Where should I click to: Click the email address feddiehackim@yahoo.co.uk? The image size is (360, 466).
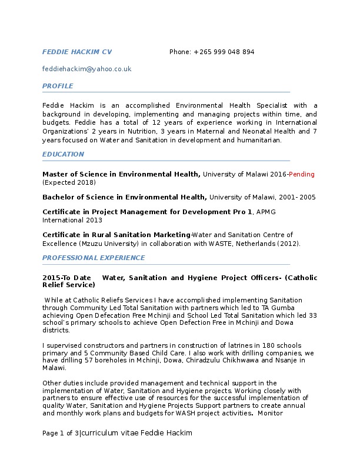[x=86, y=69]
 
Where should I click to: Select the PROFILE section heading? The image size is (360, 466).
[x=58, y=86]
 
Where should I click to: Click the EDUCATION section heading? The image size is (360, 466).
[x=63, y=154]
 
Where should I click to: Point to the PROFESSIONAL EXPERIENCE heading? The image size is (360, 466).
[x=94, y=258]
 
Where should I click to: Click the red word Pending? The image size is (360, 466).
[x=301, y=174]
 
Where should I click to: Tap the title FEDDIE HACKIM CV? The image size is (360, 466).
[x=77, y=52]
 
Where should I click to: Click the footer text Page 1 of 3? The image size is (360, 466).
[x=61, y=433]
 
